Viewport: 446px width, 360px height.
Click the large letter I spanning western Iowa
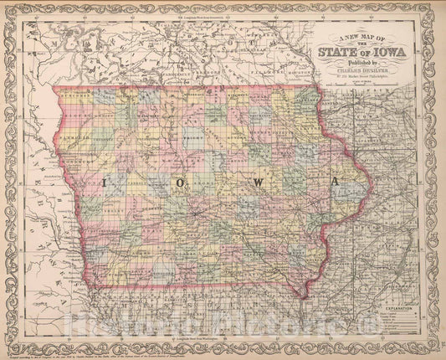tap(105, 183)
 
